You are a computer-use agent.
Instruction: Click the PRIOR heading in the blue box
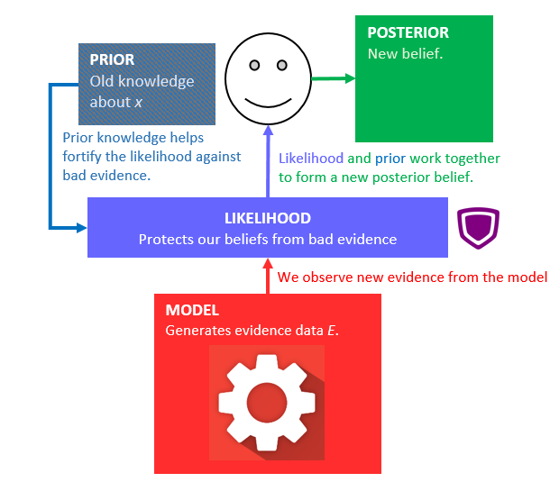click(113, 60)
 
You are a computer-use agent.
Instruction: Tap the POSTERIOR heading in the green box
click(408, 33)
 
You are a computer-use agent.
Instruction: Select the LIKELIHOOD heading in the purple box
click(268, 218)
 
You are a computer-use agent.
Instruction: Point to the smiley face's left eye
click(254, 65)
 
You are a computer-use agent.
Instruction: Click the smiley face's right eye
click(281, 65)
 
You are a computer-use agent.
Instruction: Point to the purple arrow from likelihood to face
click(268, 162)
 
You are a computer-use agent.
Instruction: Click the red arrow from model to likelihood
click(268, 276)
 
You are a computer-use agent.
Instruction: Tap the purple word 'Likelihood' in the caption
click(311, 159)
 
